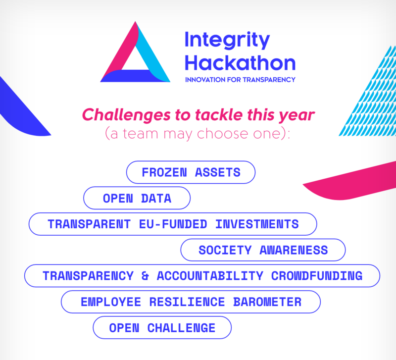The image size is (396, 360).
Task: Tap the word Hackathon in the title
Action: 240,63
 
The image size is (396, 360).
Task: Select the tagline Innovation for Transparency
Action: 240,79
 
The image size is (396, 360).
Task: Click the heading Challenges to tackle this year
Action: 198,115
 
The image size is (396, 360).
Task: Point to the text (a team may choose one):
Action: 198,134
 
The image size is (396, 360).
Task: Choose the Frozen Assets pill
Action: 191,172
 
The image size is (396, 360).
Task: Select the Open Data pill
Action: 137,199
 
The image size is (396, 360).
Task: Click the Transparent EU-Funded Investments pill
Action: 173,224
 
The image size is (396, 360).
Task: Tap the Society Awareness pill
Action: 263,250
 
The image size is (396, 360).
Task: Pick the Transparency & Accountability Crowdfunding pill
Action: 202,276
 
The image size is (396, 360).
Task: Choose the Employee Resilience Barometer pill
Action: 191,302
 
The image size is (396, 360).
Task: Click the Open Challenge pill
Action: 162,328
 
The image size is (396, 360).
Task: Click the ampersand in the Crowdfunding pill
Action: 145,276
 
